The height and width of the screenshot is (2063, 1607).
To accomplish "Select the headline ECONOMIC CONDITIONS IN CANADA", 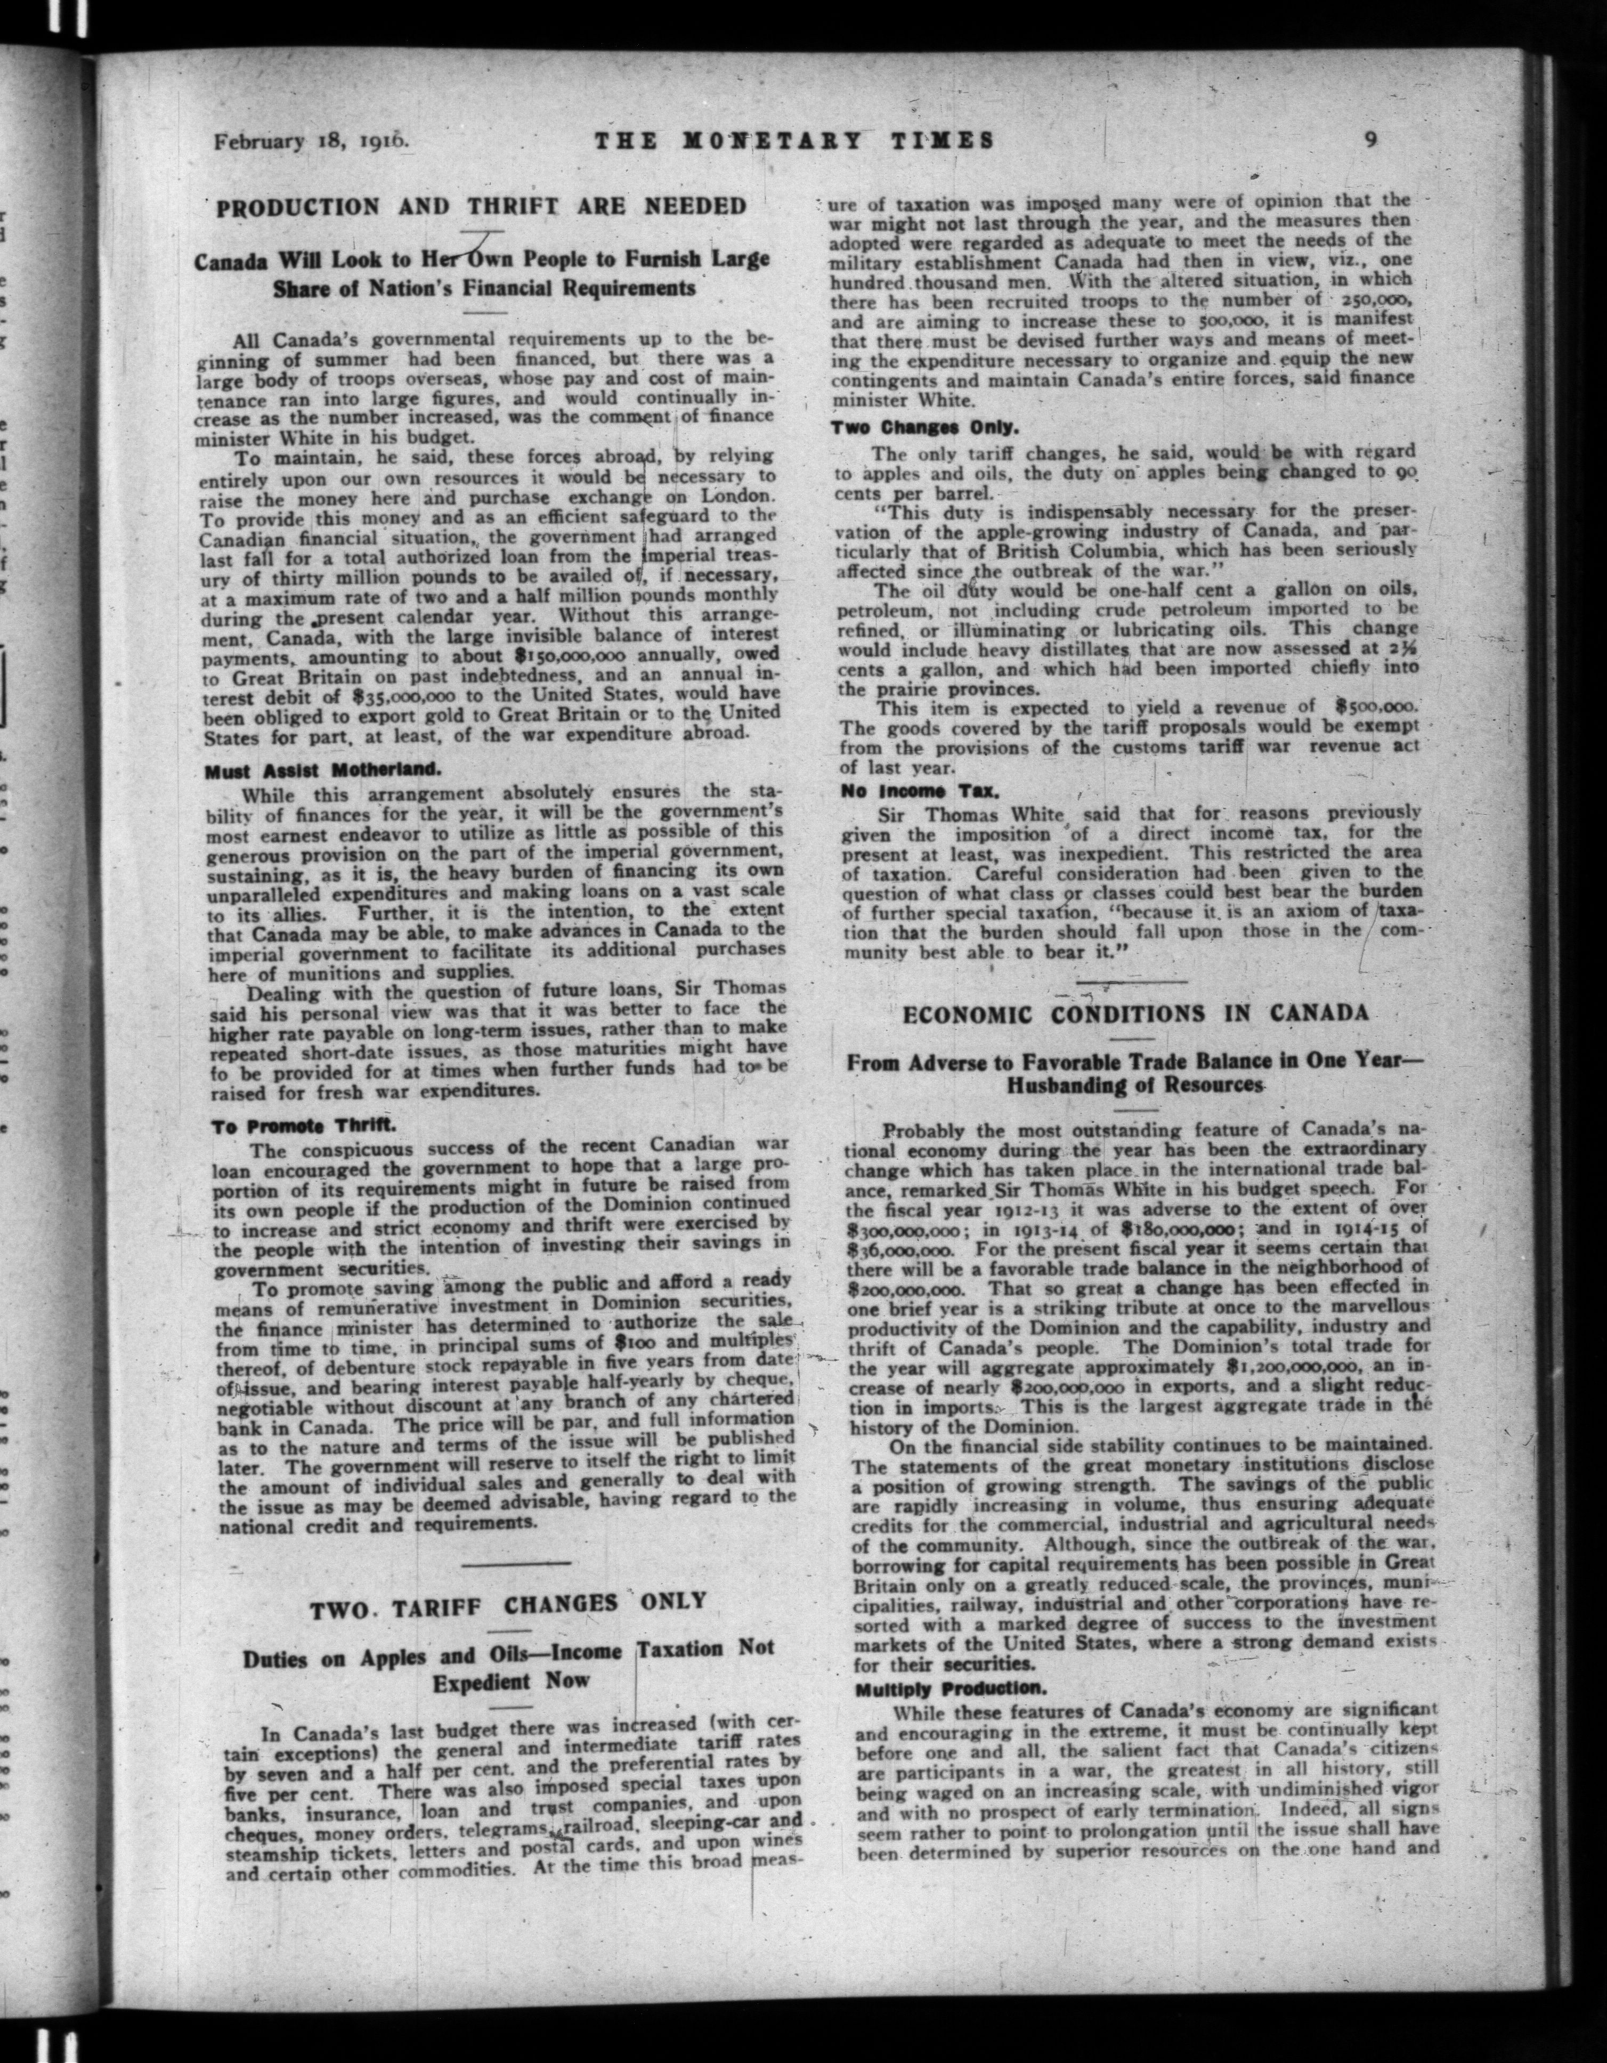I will [x=1135, y=1013].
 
